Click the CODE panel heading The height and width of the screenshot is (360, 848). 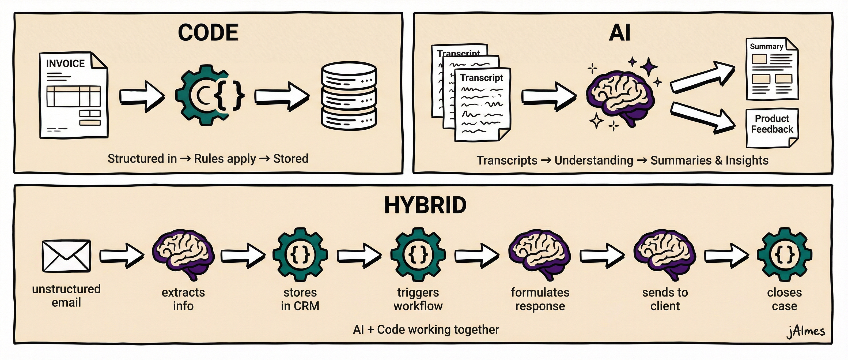pyautogui.click(x=208, y=33)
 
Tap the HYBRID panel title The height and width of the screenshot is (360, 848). pyautogui.click(x=425, y=205)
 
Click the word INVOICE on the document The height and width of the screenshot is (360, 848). pyautogui.click(x=65, y=63)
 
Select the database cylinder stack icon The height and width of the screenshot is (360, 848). pyautogui.click(x=349, y=96)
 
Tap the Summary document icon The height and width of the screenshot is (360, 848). pyautogui.click(x=772, y=69)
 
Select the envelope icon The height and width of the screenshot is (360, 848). pyautogui.click(x=66, y=256)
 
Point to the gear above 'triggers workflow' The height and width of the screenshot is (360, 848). pyautogui.click(x=418, y=254)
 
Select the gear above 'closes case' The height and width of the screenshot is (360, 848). pyautogui.click(x=785, y=254)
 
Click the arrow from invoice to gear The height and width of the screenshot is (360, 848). pyautogui.click(x=142, y=96)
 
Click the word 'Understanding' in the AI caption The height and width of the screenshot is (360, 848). pyautogui.click(x=593, y=160)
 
